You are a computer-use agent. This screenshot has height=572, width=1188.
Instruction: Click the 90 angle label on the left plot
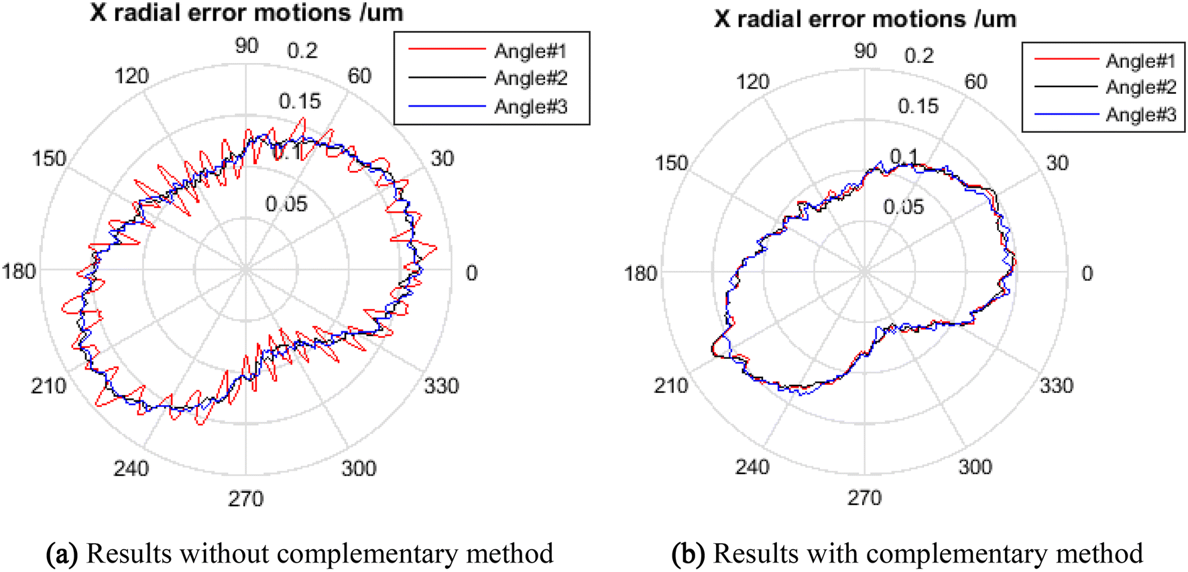click(246, 46)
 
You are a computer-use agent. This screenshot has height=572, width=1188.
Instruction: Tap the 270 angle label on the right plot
click(864, 498)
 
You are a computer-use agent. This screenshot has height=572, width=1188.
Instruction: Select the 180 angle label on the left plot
click(18, 272)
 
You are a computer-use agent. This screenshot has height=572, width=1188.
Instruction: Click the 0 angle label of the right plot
click(1087, 274)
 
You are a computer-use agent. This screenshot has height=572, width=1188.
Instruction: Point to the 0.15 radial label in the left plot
click(300, 101)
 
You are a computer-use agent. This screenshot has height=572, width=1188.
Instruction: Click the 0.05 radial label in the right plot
click(903, 207)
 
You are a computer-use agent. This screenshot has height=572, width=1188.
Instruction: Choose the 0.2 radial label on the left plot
click(302, 50)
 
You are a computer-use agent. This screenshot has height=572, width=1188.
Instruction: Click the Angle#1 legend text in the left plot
click(530, 51)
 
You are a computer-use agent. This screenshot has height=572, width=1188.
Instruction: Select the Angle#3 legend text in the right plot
click(1140, 115)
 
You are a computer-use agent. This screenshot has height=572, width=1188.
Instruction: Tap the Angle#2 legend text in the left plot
click(530, 78)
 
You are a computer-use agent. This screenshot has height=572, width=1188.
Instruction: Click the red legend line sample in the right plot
click(1066, 60)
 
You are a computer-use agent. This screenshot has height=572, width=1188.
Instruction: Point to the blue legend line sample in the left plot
click(447, 106)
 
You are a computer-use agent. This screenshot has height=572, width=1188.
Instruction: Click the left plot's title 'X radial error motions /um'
click(247, 13)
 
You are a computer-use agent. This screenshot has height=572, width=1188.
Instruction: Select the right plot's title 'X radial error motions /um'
click(865, 19)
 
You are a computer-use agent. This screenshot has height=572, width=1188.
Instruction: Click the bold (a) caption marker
click(61, 554)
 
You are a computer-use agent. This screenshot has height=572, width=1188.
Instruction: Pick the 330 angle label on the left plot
click(441, 386)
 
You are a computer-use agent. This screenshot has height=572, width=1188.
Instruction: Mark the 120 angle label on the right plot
click(752, 82)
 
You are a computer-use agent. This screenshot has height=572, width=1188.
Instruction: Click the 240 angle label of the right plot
click(752, 467)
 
